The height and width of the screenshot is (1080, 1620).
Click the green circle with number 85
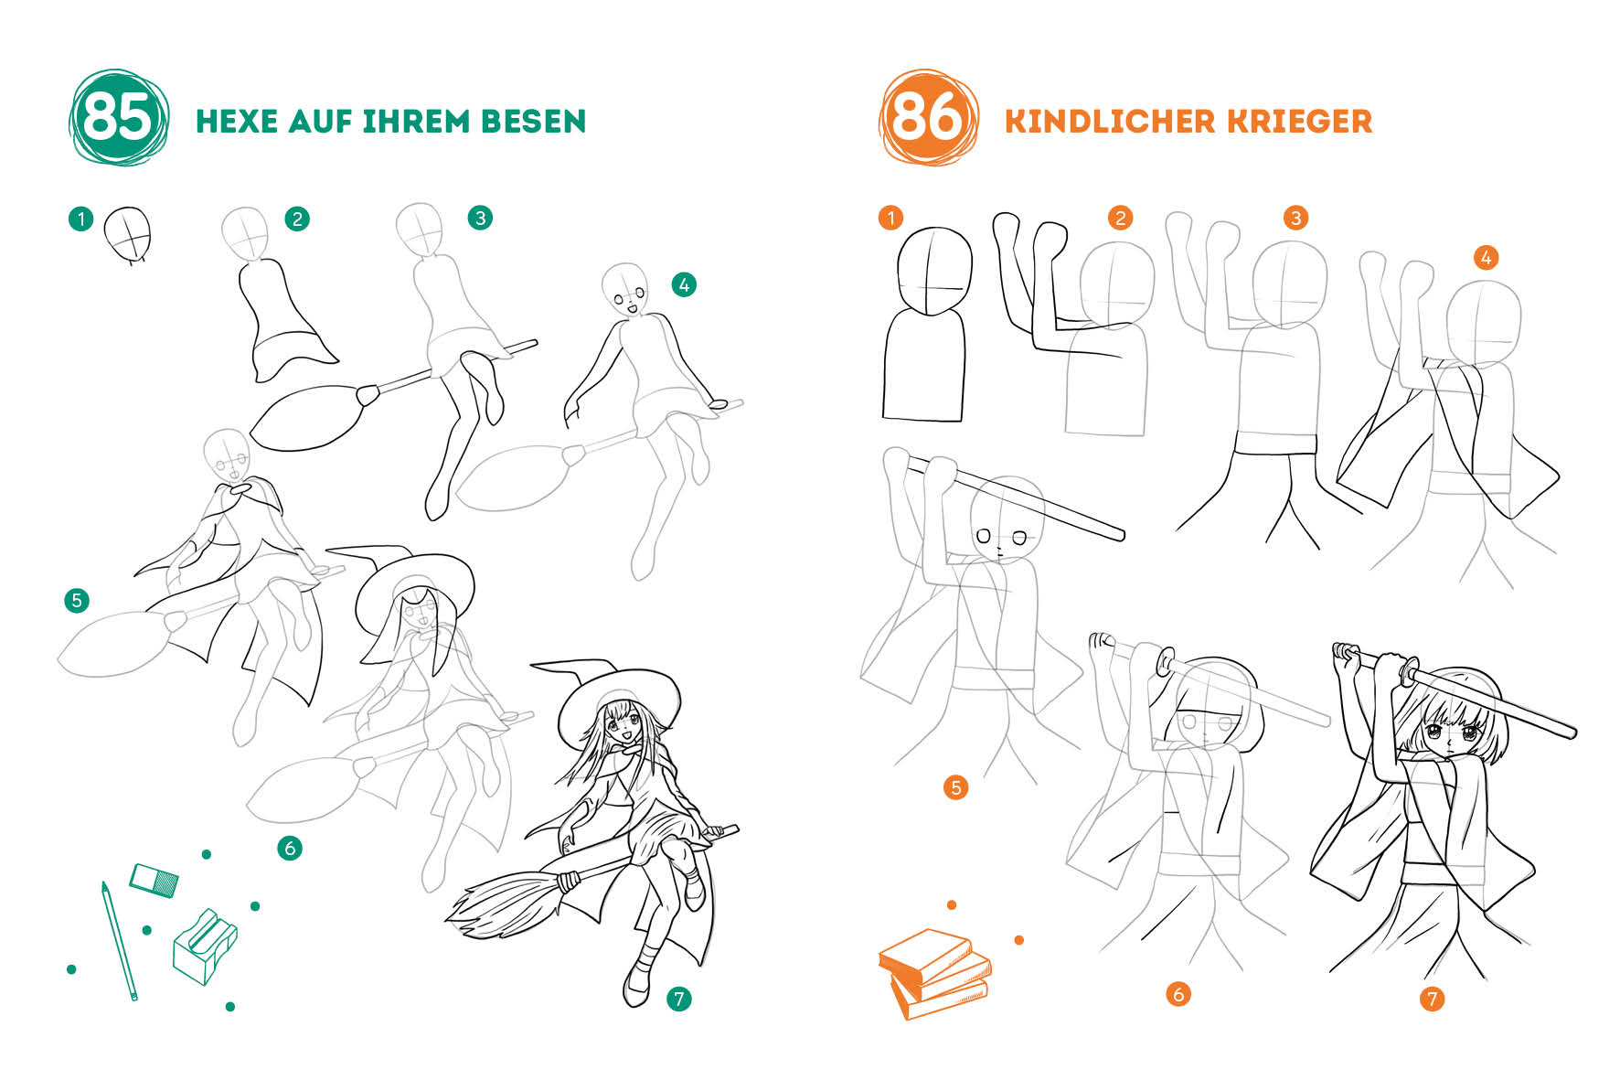119,118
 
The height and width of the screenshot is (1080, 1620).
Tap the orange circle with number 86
928,118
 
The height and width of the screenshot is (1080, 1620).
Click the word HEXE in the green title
237,122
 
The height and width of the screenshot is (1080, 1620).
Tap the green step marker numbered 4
684,284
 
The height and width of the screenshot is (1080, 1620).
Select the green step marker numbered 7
678,999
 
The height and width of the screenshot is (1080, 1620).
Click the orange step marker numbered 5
955,787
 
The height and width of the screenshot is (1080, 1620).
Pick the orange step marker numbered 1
890,218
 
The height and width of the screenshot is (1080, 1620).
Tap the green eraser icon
154,880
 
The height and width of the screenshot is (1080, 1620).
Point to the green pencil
119,940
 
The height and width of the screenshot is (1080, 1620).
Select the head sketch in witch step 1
127,234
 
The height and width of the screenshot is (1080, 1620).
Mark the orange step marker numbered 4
1486,257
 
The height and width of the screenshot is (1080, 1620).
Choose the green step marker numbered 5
77,600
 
